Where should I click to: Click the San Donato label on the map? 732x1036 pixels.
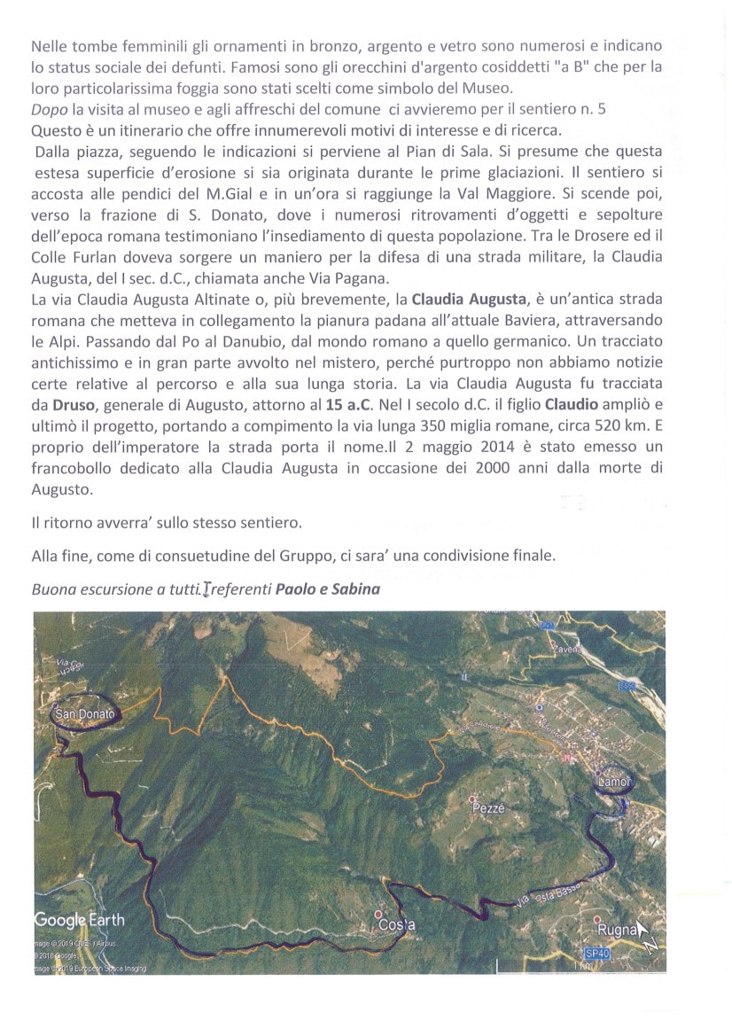[84, 713]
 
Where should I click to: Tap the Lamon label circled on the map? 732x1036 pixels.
[614, 782]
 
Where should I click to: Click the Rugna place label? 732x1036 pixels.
[618, 930]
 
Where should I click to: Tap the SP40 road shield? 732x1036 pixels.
[597, 953]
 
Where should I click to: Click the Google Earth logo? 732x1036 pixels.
[80, 919]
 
